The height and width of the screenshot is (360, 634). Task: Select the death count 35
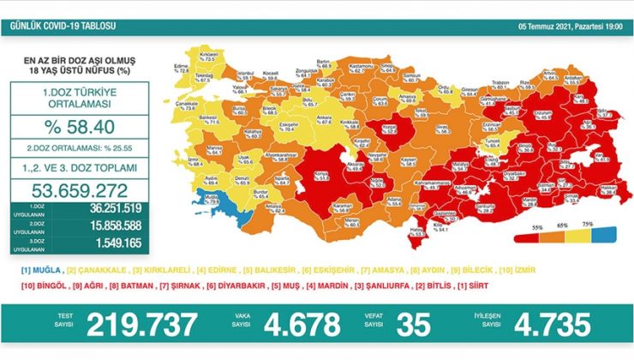(x=414, y=325)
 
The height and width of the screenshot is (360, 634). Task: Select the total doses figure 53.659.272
(x=77, y=190)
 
